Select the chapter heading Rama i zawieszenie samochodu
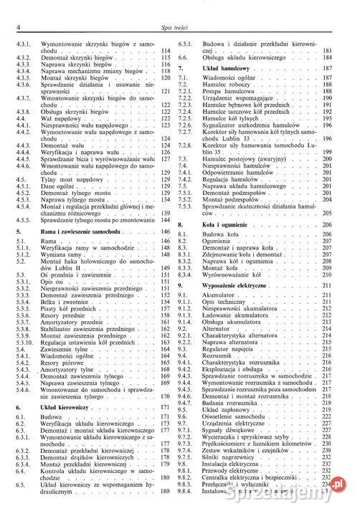[78, 233]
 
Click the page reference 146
[166, 233]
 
